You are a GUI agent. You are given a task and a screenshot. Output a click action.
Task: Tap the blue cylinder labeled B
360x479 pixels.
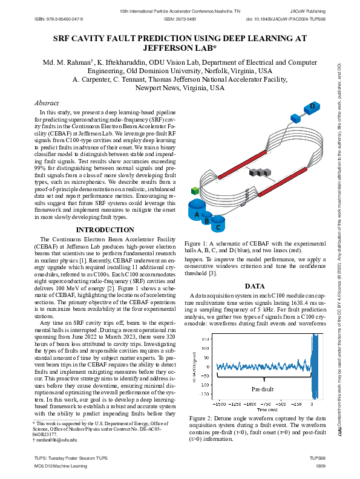tap(207, 221)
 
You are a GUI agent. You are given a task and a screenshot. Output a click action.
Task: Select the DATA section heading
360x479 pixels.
tap(255, 286)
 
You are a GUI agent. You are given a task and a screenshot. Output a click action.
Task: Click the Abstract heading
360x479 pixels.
tap(47, 103)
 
